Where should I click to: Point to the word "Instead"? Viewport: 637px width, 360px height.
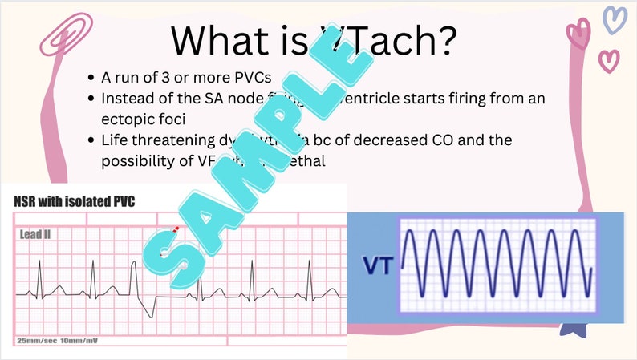click(128, 99)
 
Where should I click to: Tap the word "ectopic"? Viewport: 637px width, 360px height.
click(127, 119)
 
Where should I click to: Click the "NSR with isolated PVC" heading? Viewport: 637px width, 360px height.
click(74, 200)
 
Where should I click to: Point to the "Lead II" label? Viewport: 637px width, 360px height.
click(37, 234)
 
